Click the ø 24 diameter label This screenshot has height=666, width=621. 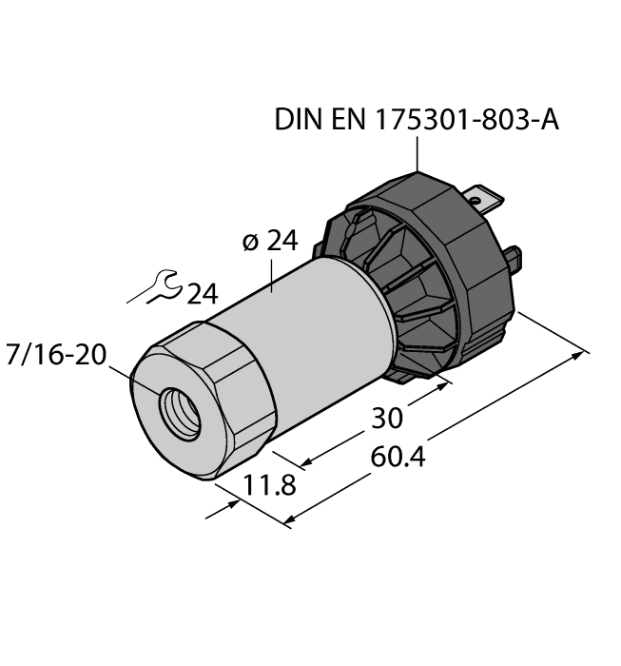[x=270, y=242]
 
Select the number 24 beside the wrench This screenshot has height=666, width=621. [x=201, y=295]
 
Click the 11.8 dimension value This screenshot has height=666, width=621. [x=270, y=485]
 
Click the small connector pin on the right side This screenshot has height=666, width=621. [x=514, y=257]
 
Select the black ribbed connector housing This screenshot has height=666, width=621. [x=428, y=276]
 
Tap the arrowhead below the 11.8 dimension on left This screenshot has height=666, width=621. [x=228, y=508]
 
